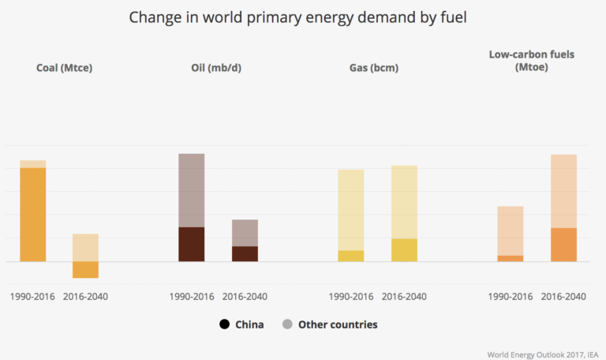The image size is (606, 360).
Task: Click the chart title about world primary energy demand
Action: tap(303, 17)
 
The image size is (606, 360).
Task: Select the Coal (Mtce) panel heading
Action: tap(65, 68)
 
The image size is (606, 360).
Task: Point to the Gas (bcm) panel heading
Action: tap(373, 68)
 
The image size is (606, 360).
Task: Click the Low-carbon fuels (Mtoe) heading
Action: tap(532, 62)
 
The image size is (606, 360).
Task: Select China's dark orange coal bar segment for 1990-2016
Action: tap(32, 214)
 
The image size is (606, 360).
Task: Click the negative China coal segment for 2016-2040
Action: tap(85, 269)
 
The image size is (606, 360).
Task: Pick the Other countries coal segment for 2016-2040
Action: tap(85, 247)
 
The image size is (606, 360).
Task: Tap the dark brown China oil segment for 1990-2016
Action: tap(191, 244)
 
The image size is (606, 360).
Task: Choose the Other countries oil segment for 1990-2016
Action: tap(191, 190)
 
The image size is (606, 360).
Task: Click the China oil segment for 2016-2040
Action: tap(245, 253)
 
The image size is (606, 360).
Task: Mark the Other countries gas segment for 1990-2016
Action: tap(351, 210)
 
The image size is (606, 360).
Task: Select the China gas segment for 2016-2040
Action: tap(404, 249)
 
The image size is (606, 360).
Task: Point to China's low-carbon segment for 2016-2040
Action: tap(563, 244)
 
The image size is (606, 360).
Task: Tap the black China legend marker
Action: tap(225, 324)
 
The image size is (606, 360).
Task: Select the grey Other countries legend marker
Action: tap(287, 324)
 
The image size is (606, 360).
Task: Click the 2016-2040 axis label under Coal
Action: tap(85, 297)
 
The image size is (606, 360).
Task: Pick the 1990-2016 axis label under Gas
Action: tap(351, 297)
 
